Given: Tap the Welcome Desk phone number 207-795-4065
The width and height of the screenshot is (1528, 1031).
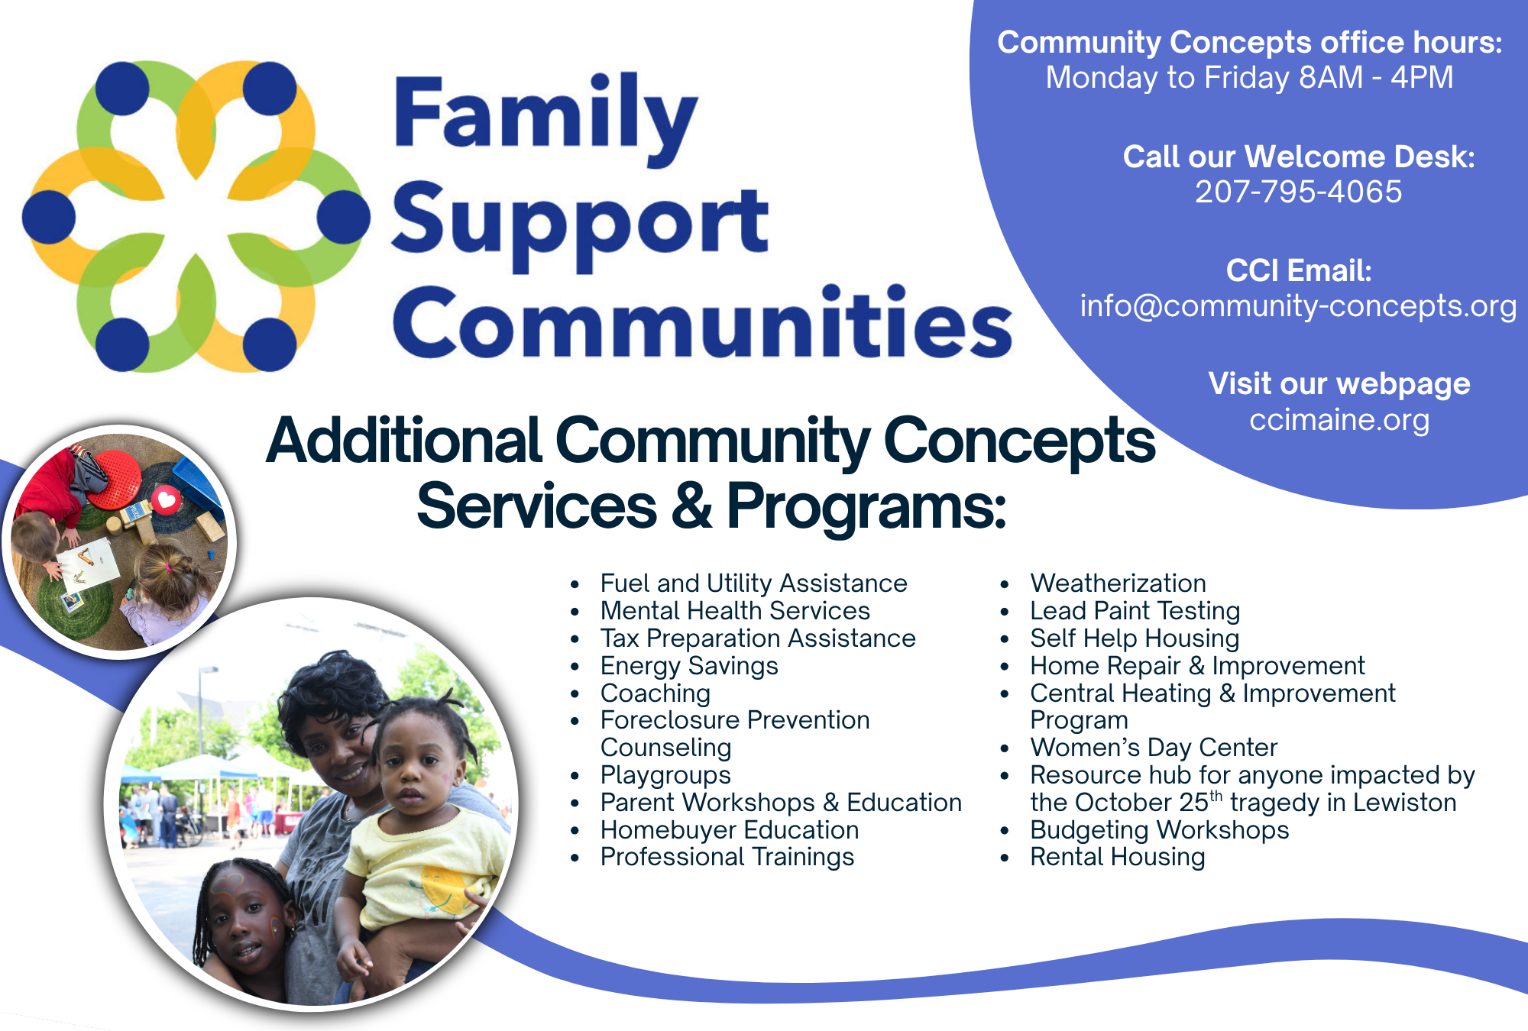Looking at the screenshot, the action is (x=1299, y=192).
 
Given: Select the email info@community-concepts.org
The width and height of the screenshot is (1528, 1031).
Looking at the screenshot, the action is (x=1298, y=306).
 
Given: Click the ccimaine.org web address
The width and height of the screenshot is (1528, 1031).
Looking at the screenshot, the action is (x=1339, y=420).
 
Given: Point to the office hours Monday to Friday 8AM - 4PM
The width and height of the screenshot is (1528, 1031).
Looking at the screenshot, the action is (x=1249, y=77).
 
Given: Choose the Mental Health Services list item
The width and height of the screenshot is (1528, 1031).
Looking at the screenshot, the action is (x=735, y=611).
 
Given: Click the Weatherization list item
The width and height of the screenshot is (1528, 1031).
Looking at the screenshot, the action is (x=1118, y=583).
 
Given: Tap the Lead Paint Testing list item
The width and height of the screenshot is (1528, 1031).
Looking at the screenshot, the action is (x=1135, y=611).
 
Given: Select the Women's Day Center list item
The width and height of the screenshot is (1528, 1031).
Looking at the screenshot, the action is (x=1154, y=748).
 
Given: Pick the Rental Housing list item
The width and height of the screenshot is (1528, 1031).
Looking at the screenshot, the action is (x=1118, y=857).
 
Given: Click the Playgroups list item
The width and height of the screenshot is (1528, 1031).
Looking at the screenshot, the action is (x=665, y=775).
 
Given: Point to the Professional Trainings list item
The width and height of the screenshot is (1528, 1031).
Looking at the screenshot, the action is (x=727, y=857).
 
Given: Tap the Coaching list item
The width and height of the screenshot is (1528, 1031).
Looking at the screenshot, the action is (x=656, y=693).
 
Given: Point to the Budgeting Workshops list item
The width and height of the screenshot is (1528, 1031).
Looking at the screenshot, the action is (x=1160, y=830).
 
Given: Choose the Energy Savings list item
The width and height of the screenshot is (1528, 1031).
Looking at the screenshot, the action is (x=689, y=666).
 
